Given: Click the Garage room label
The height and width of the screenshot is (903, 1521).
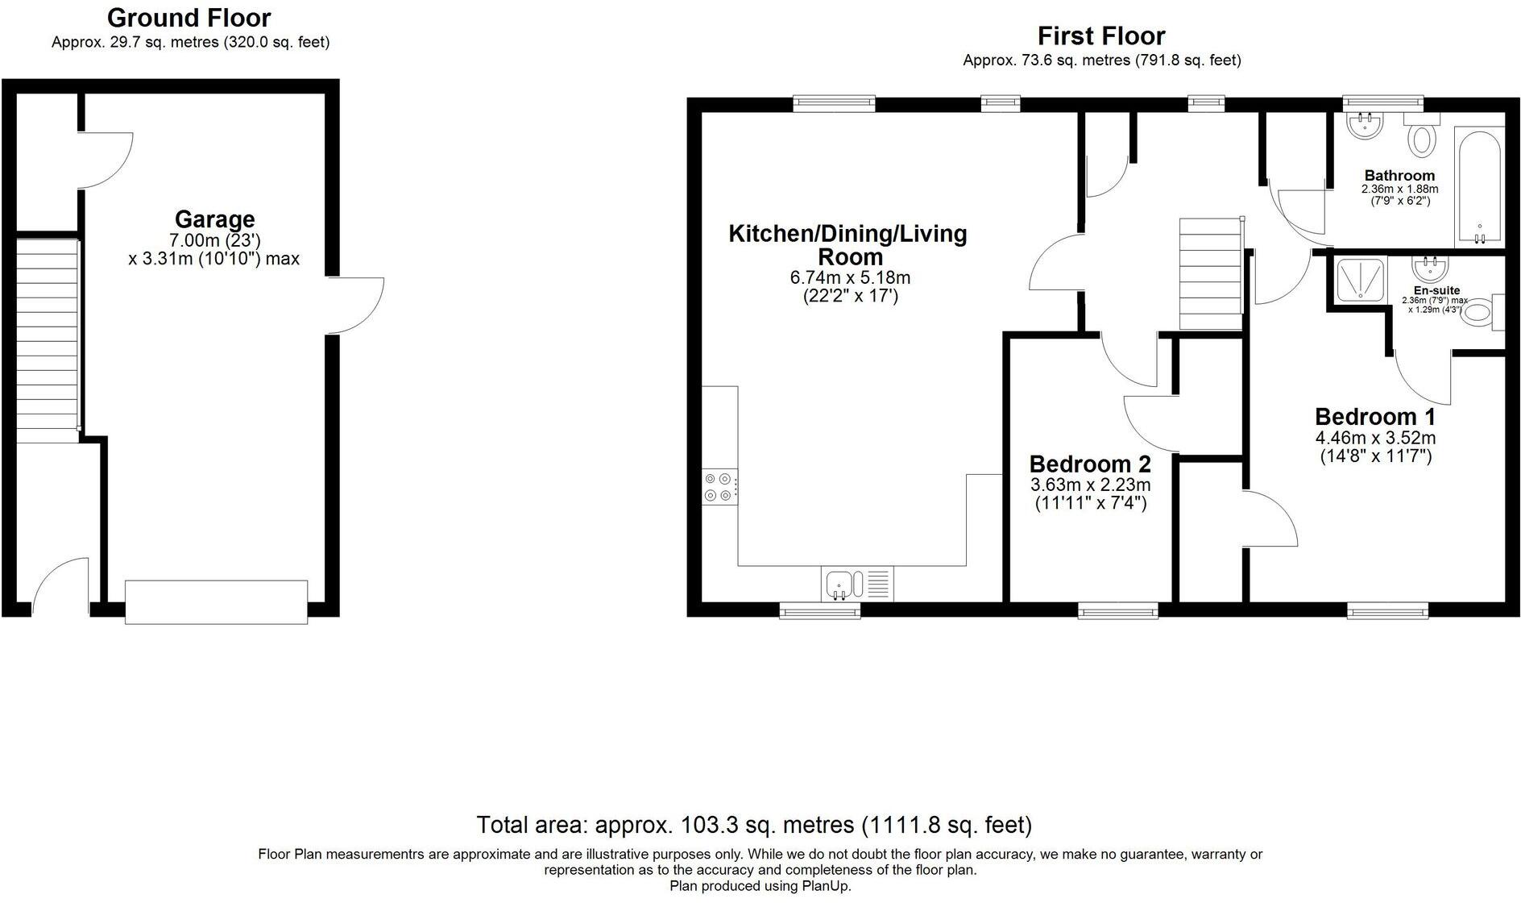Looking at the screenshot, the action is point(214,219).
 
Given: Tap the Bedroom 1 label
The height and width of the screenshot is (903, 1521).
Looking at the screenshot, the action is point(1375,417).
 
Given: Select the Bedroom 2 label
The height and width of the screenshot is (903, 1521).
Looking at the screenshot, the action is point(1090,464).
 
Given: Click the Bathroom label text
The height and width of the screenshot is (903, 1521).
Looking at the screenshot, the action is point(1399,176).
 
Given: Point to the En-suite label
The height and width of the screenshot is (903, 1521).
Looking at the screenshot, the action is point(1436,291).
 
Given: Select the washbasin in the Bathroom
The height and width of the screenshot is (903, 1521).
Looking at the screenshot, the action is point(1366,125).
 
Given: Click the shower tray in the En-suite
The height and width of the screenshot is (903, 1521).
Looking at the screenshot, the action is point(1361,284).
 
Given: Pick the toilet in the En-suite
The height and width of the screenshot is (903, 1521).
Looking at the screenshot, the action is point(1482,313).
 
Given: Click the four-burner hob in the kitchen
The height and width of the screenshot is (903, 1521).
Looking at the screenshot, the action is point(719,487).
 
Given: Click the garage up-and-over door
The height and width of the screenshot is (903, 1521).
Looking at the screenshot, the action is point(216,601).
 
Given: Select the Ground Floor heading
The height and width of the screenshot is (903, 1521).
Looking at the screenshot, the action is point(189,17).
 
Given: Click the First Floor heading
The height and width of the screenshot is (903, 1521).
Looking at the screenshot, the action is point(1101,36).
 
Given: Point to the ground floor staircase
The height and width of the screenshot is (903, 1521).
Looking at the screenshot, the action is point(48,337).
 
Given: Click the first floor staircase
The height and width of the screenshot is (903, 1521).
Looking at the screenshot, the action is point(1212,273).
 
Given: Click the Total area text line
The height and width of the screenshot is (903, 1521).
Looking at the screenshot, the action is point(754,825).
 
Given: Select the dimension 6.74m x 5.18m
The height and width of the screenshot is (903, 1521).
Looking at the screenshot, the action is point(850,278).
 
